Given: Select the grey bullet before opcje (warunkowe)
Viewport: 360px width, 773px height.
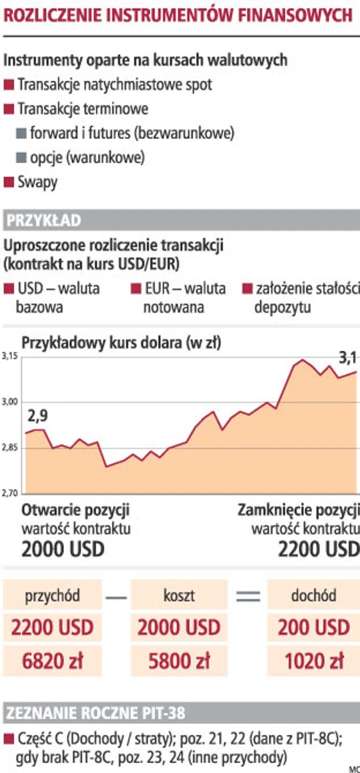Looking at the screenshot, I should coord(21,157).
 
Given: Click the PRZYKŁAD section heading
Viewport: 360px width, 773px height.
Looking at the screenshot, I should coord(44,221).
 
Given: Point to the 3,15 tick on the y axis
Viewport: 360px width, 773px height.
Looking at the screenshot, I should coord(9,357).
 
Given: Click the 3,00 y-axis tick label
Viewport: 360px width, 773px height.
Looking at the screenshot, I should coord(9,402).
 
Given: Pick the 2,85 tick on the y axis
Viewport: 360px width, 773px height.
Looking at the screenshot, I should coord(9,448).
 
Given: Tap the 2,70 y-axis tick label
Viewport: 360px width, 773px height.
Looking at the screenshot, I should coord(9,493).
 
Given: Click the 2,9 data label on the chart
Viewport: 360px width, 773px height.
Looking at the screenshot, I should coord(38,416).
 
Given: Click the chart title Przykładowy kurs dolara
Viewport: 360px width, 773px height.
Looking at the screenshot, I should coord(121,343).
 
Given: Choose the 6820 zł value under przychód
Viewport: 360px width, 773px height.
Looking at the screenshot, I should coord(52,661).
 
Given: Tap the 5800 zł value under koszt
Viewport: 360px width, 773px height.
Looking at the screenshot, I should coord(179,661).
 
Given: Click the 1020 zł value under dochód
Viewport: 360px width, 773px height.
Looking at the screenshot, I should coord(314,661).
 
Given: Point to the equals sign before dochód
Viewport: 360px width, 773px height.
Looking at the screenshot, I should coord(248,596).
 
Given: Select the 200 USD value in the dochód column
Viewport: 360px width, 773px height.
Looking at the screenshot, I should coord(314,627).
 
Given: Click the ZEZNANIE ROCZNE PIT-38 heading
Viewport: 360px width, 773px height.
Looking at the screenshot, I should coord(95,713).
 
